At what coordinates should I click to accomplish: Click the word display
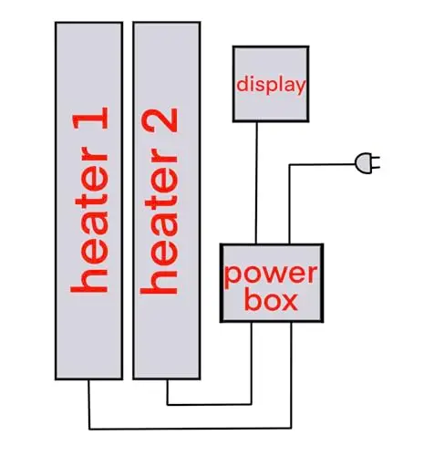pyautogui.click(x=271, y=85)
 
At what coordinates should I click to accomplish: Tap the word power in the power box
pyautogui.click(x=271, y=275)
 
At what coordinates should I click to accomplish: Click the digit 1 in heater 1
pyautogui.click(x=90, y=118)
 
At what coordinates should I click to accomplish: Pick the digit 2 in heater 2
pyautogui.click(x=160, y=120)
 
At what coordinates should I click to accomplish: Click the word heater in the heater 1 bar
pyautogui.click(x=89, y=220)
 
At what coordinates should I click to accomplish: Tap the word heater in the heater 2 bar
pyautogui.click(x=159, y=222)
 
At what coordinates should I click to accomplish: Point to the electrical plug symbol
pyautogui.click(x=367, y=163)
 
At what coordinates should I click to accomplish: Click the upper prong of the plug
pyautogui.click(x=376, y=159)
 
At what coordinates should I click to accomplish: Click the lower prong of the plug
pyautogui.click(x=376, y=167)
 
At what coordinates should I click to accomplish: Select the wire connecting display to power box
pyautogui.click(x=256, y=182)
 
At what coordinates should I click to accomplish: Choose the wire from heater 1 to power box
pyautogui.click(x=190, y=429)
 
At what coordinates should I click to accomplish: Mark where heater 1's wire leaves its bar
pyautogui.click(x=88, y=380)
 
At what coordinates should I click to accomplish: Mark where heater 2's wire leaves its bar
pyautogui.click(x=167, y=380)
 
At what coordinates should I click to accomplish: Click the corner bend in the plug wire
pyautogui.click(x=289, y=165)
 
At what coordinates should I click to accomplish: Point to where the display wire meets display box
pyautogui.click(x=257, y=122)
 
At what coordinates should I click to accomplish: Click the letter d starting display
pyautogui.click(x=242, y=84)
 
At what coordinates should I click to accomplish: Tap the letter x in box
pyautogui.click(x=289, y=303)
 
